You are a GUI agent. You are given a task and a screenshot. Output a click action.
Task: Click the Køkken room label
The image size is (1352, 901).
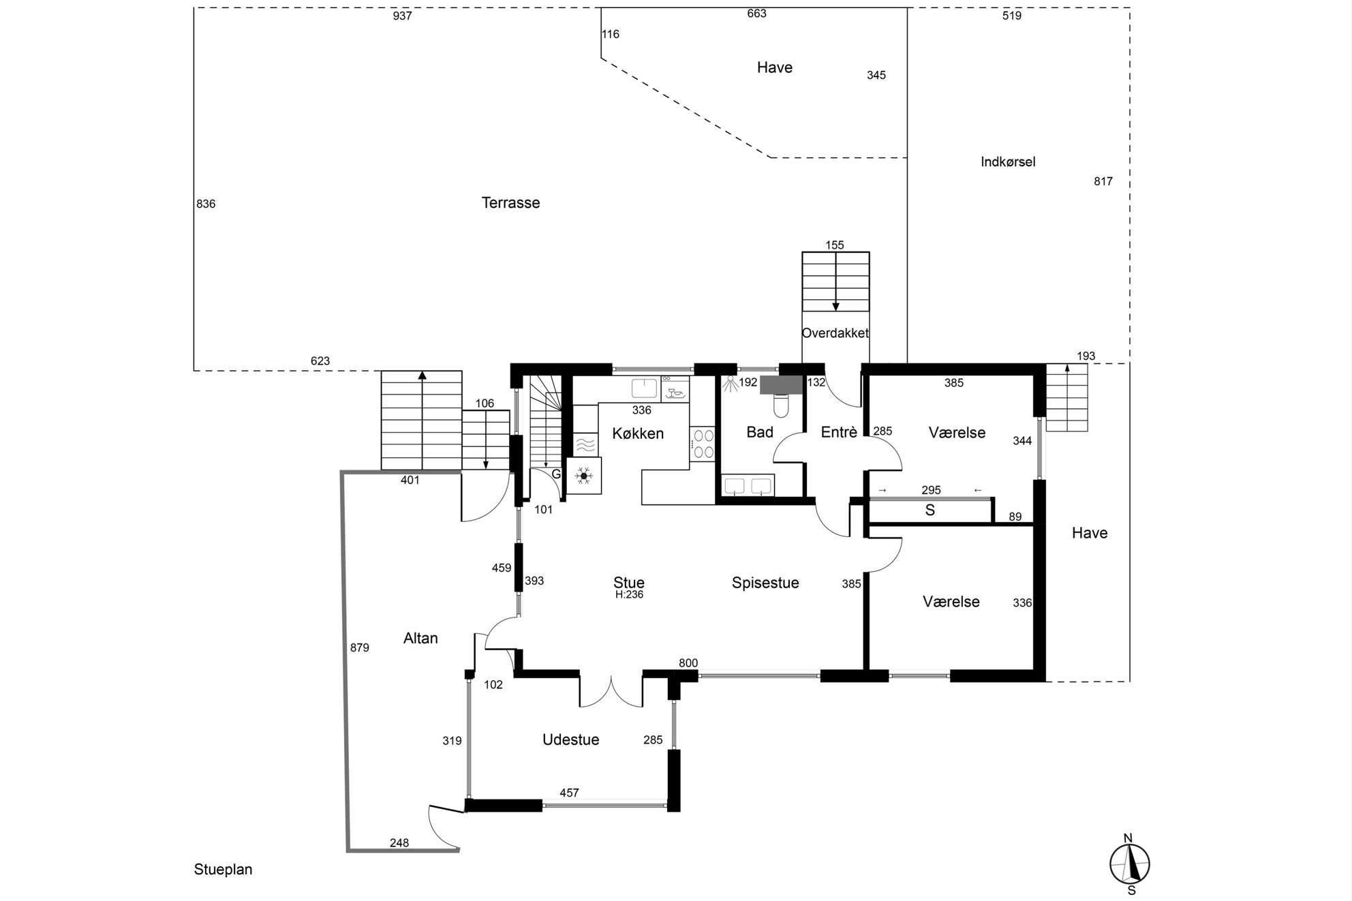pos(638,433)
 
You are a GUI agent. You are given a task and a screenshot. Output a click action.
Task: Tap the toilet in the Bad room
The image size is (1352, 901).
pos(781,407)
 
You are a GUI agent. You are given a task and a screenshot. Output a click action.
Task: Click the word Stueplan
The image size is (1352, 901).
pos(223,870)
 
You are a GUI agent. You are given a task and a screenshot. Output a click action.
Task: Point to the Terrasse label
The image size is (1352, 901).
pos(510,203)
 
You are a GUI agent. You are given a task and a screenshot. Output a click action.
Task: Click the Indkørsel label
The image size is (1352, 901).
pos(1008,162)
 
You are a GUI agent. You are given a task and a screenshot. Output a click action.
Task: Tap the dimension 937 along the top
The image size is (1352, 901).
pos(402,16)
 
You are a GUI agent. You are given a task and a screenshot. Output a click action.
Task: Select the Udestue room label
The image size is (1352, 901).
pos(571,740)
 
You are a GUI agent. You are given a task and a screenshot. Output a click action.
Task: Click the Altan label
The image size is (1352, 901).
pos(420,639)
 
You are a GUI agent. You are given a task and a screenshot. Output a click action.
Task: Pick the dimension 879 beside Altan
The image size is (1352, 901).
pos(359,648)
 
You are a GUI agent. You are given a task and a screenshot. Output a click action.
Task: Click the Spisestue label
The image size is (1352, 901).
pos(765,583)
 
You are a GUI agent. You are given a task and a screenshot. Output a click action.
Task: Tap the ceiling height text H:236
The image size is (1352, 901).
pos(629,595)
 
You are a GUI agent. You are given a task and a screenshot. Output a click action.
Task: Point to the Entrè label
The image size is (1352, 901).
pos(839,432)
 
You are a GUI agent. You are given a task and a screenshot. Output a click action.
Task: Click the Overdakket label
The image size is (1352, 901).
pos(835,333)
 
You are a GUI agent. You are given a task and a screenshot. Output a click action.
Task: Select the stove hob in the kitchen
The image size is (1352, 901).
pos(703,444)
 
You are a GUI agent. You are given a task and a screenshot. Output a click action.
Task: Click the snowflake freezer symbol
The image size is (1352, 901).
pos(584,475)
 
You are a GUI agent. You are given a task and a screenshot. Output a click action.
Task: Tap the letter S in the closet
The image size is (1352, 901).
pos(929,510)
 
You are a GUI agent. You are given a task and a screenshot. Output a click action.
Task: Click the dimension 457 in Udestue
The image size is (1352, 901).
pos(569,793)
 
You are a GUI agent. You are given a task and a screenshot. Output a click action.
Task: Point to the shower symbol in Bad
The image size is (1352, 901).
pos(730,384)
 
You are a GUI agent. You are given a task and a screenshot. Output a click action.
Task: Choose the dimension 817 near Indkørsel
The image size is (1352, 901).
pos(1103,181)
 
